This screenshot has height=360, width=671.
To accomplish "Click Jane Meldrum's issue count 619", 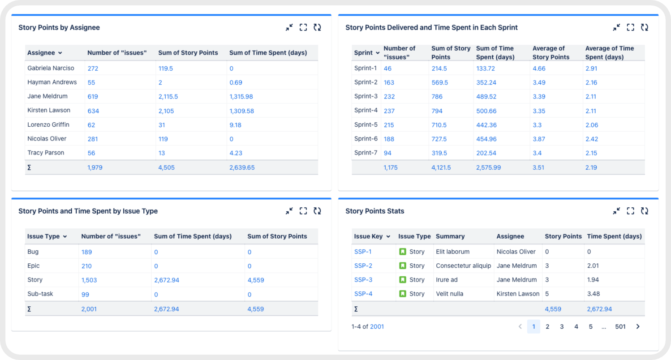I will click(93, 96).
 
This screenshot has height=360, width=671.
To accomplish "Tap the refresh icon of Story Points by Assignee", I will click(317, 27).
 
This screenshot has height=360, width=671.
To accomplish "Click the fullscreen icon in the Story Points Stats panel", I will click(630, 211).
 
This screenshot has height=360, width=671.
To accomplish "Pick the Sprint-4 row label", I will click(366, 110).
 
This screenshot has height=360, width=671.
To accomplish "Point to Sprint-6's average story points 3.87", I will click(538, 139).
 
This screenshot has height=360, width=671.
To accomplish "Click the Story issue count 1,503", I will click(89, 280).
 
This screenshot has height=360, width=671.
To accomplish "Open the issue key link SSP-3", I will click(363, 280).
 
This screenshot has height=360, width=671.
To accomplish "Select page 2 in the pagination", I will click(547, 327).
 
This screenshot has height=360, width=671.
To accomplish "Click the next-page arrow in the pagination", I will click(638, 327).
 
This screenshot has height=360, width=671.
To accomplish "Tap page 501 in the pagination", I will click(620, 327).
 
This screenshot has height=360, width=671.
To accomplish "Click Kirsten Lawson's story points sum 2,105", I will click(166, 111).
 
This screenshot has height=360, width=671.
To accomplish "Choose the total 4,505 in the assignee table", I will click(166, 167).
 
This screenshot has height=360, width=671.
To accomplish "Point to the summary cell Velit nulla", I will click(449, 294).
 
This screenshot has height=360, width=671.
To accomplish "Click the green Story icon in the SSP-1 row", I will click(402, 252).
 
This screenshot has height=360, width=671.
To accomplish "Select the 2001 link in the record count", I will click(377, 327).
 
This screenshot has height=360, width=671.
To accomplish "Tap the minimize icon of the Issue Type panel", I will click(289, 211).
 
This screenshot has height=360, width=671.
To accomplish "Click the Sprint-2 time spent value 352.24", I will click(486, 82).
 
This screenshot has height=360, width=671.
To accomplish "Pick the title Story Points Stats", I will click(374, 211).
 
